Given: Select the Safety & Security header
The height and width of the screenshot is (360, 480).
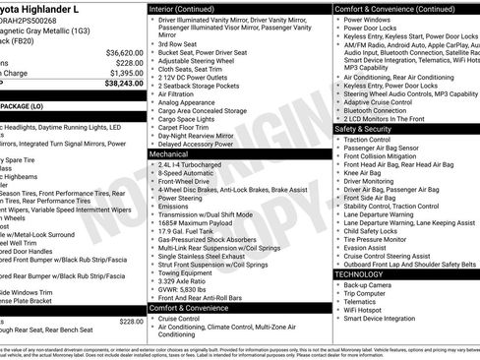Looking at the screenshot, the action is click(x=370, y=129).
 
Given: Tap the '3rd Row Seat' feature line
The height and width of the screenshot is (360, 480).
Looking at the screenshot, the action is click(x=178, y=43).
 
